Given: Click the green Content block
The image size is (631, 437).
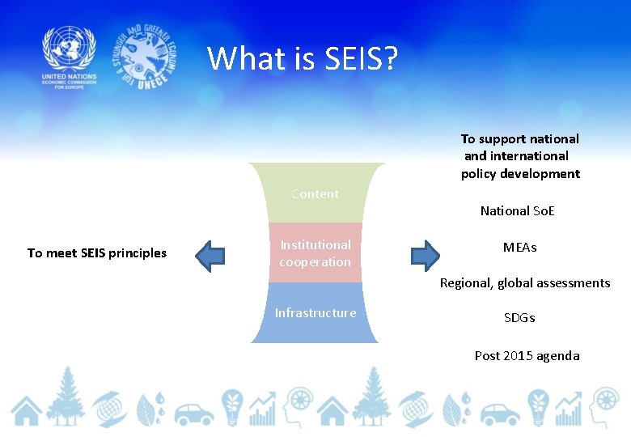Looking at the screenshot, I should (x=315, y=194).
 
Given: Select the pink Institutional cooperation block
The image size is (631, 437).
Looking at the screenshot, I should (x=315, y=253).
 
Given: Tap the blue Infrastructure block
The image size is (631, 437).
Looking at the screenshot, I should (x=315, y=313).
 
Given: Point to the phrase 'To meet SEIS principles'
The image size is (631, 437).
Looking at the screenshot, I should (x=97, y=253).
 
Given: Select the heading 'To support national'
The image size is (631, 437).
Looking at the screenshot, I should (x=520, y=139).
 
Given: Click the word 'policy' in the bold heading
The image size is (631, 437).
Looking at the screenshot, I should (x=479, y=174).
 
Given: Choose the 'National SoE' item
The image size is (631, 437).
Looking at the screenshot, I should (x=518, y=211).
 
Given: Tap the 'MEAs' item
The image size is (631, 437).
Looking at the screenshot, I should (x=519, y=248).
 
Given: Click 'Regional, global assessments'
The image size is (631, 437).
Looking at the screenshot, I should (x=525, y=283).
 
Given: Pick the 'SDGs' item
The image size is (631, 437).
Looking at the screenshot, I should (x=519, y=318).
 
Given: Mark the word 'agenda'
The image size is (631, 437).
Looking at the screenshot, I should (x=559, y=356).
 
